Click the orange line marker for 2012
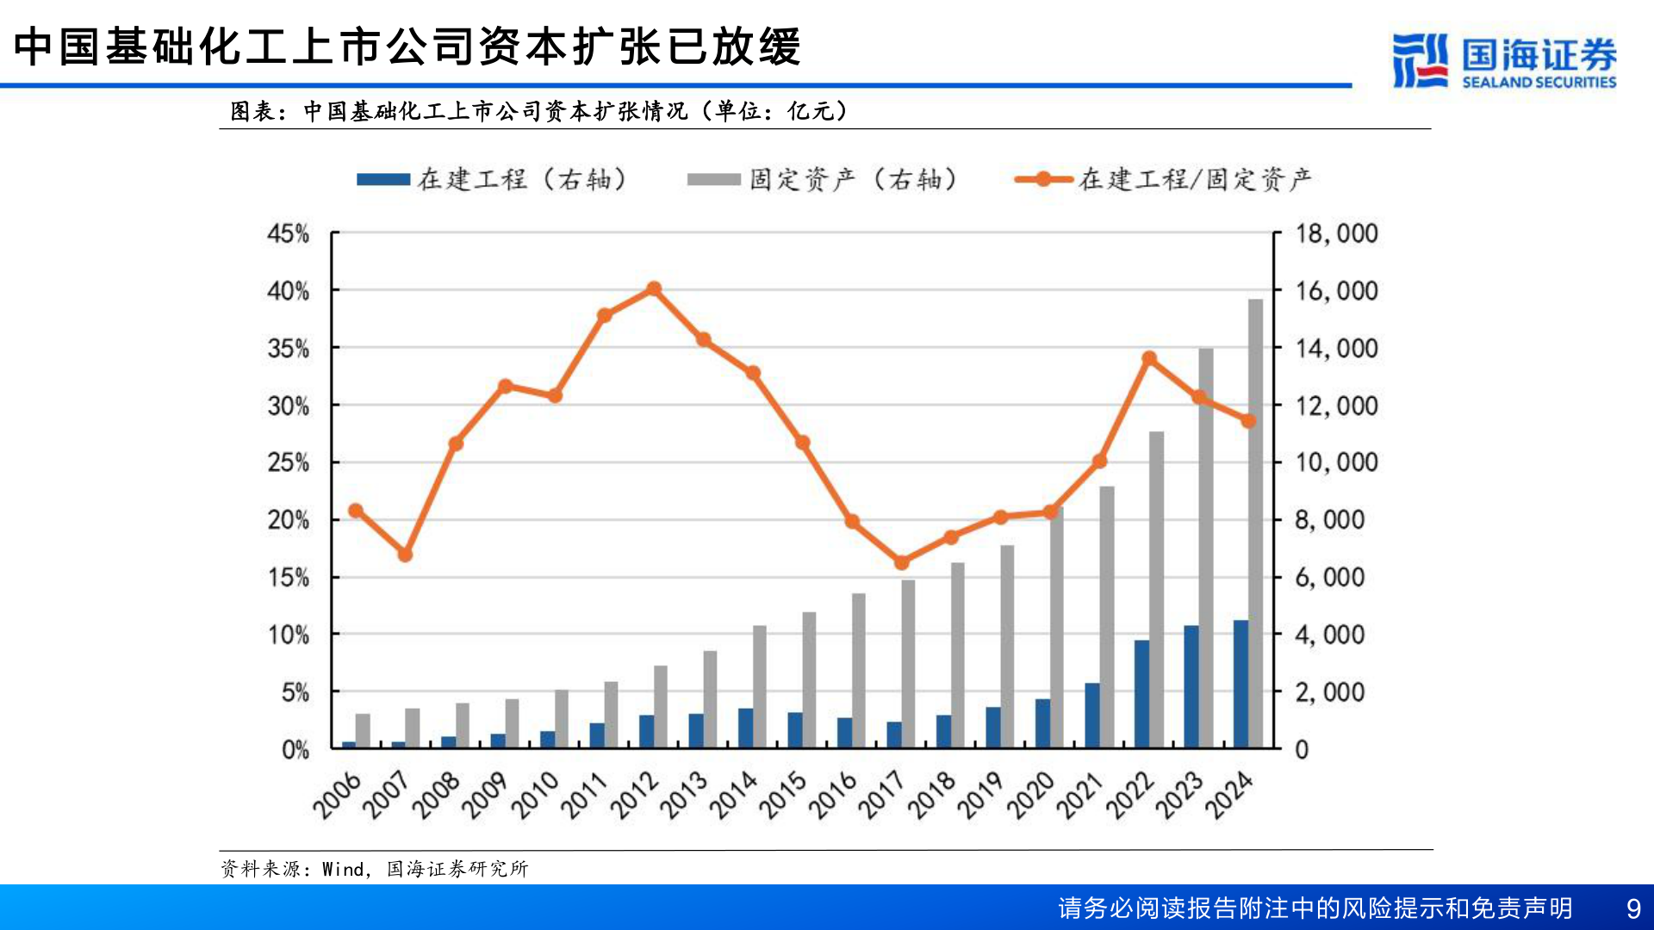(x=654, y=289)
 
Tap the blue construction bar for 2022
(x=1141, y=693)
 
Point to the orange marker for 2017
(x=902, y=562)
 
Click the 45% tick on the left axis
(x=288, y=233)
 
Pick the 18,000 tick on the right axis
(x=1336, y=233)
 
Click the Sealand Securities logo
(x=1504, y=60)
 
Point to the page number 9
(x=1632, y=908)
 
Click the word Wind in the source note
(x=343, y=869)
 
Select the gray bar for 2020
(x=1058, y=629)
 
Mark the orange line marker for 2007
(x=405, y=555)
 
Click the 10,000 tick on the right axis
(x=1336, y=462)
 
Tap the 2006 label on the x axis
(x=336, y=795)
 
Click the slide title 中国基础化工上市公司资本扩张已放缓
(x=407, y=46)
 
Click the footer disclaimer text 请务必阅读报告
(x=1315, y=908)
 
